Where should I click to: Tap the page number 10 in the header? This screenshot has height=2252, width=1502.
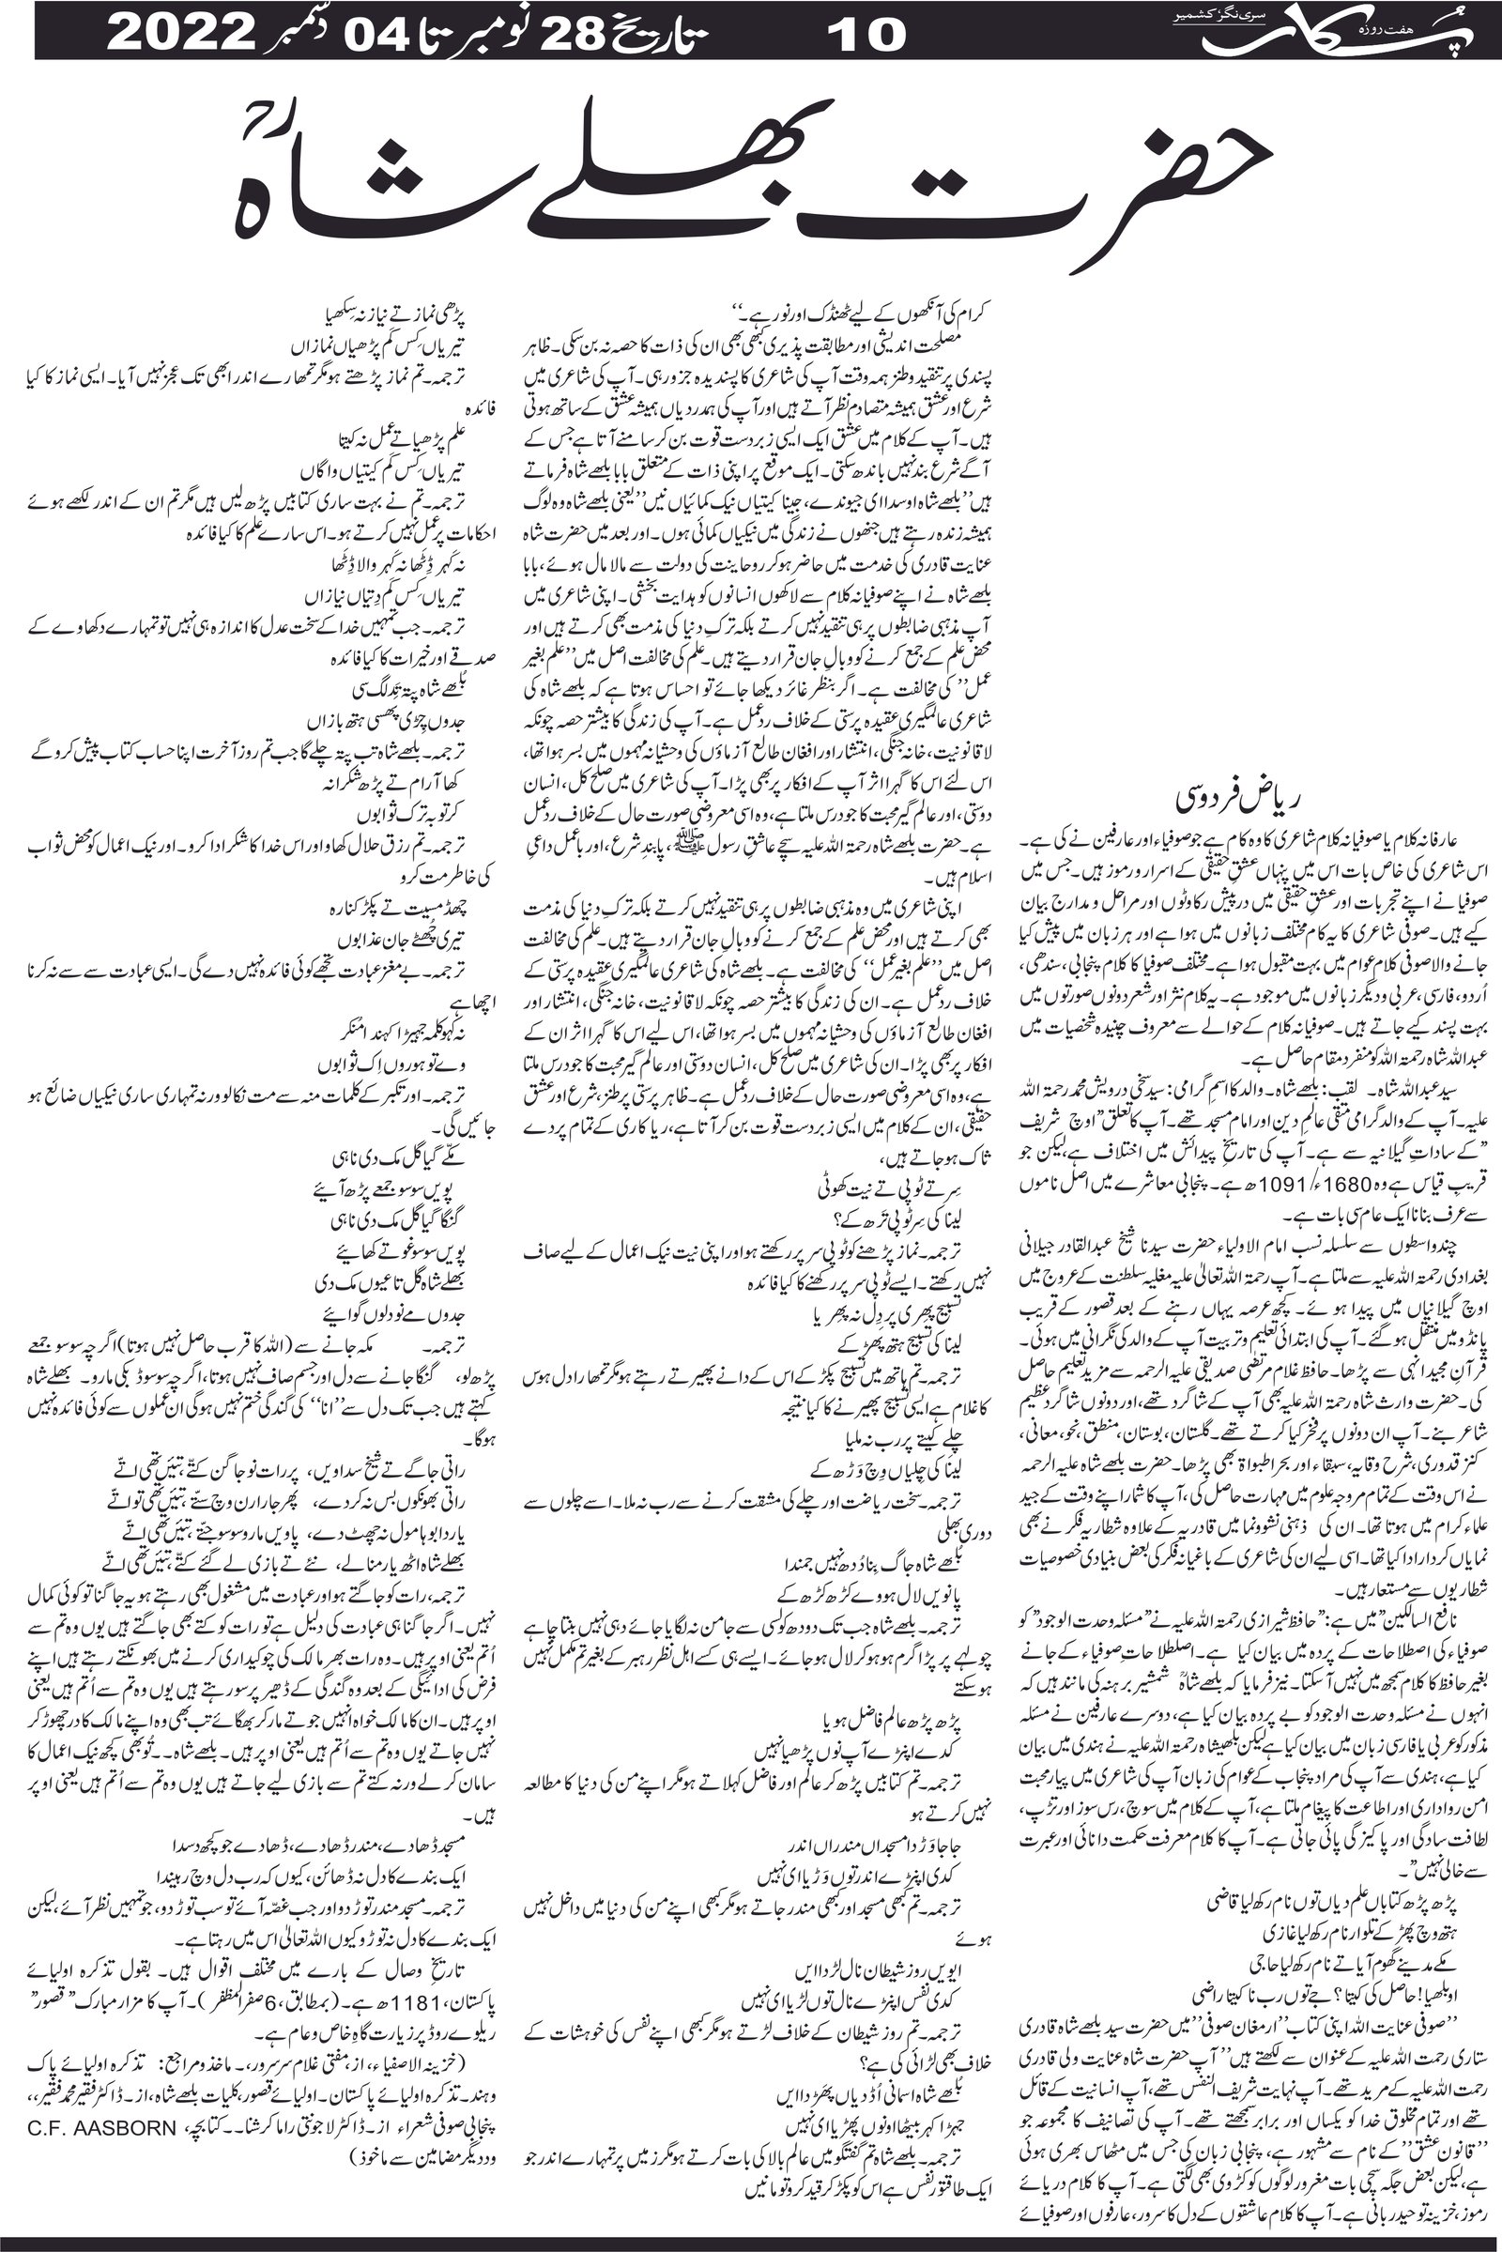pos(866,35)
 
